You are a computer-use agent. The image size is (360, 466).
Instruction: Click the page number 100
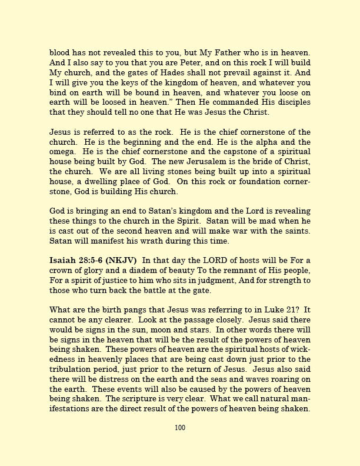pyautogui.click(x=180, y=428)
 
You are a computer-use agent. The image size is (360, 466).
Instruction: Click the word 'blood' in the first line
pyautogui.click(x=59, y=54)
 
